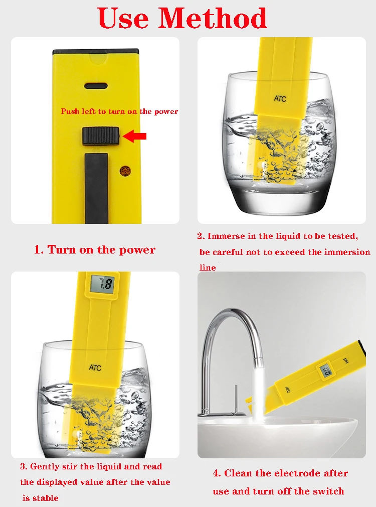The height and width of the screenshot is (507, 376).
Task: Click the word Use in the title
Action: click(123, 18)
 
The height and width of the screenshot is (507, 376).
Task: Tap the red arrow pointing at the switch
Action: click(135, 136)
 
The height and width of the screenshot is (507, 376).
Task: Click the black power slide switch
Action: click(101, 136)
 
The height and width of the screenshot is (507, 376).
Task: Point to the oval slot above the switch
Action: click(96, 86)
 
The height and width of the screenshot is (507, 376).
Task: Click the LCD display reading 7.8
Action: click(102, 284)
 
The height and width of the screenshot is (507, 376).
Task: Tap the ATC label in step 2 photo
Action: click(280, 98)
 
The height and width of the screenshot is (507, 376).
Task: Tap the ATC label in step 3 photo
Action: click(95, 367)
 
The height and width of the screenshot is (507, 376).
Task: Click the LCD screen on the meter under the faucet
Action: click(326, 371)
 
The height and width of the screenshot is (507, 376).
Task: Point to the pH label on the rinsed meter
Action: click(346, 361)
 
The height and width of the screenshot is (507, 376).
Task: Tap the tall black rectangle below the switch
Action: click(96, 188)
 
